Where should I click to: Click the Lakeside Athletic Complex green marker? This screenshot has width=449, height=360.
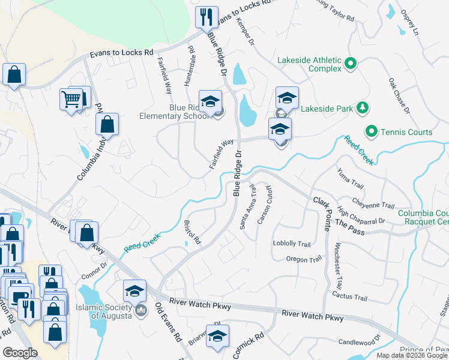[x=351, y=64]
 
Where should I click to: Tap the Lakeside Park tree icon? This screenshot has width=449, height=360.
[x=362, y=109]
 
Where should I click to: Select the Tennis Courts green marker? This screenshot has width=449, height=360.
[x=372, y=131]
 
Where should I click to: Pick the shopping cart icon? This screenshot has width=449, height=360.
[x=71, y=98]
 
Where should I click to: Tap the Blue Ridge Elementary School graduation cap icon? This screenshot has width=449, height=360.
[x=210, y=102]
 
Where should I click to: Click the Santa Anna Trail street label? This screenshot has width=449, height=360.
[x=248, y=207]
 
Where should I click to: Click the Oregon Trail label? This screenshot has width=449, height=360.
[x=304, y=260]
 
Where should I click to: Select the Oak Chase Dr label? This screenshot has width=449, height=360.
[x=399, y=95]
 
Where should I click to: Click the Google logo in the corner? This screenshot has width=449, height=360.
[x=20, y=352]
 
